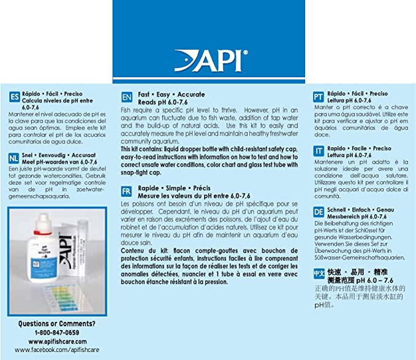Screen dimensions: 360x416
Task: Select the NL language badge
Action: (14, 157)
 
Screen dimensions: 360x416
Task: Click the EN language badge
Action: (127, 98)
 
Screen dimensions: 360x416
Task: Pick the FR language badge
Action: (127, 191)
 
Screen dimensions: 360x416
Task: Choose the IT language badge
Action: (318, 151)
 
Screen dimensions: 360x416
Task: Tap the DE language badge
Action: (318, 212)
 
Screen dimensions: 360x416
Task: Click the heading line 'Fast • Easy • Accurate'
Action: (167, 94)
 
